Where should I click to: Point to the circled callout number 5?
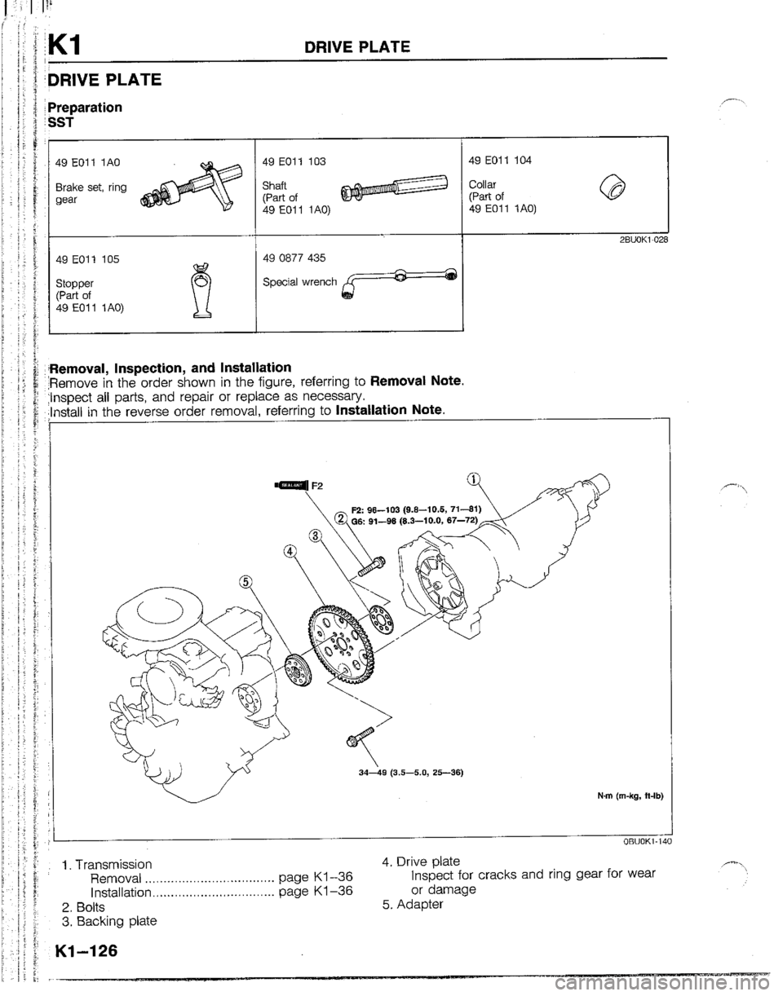pyautogui.click(x=243, y=581)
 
